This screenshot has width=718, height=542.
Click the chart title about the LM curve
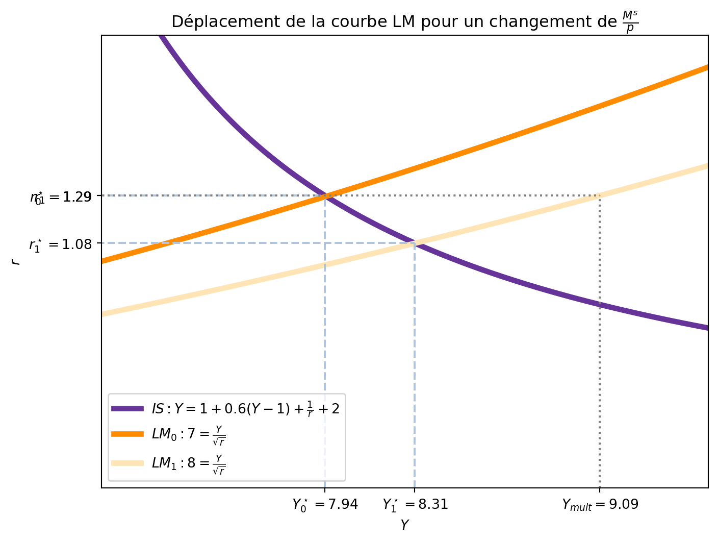point(404,22)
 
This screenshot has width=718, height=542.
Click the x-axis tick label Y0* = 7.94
point(325,505)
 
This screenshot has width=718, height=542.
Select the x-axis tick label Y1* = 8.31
point(415,505)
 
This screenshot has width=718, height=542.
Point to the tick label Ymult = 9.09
point(600,505)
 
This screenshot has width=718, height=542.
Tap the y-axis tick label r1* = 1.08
point(61,245)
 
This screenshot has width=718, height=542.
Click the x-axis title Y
point(404,525)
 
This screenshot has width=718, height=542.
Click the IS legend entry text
point(245,408)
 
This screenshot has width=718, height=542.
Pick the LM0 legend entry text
point(189,435)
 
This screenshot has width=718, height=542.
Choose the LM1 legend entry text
point(189,463)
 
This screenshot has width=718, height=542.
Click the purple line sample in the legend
point(127,408)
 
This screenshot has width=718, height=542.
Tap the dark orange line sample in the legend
point(127,434)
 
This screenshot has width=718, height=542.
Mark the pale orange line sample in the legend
point(127,463)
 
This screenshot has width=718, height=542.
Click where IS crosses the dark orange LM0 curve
point(325,195)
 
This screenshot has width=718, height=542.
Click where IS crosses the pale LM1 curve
point(414,243)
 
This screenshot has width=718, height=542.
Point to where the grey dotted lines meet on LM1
point(599,195)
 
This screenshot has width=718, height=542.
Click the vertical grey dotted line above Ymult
point(599,357)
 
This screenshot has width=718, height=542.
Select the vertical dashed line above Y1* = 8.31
point(414,367)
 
